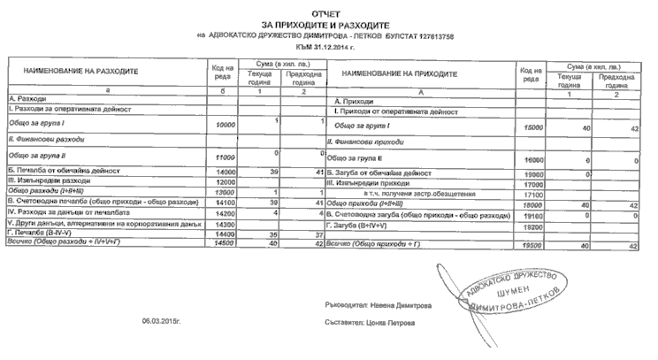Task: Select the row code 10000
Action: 225,126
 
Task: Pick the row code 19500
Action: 532,245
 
